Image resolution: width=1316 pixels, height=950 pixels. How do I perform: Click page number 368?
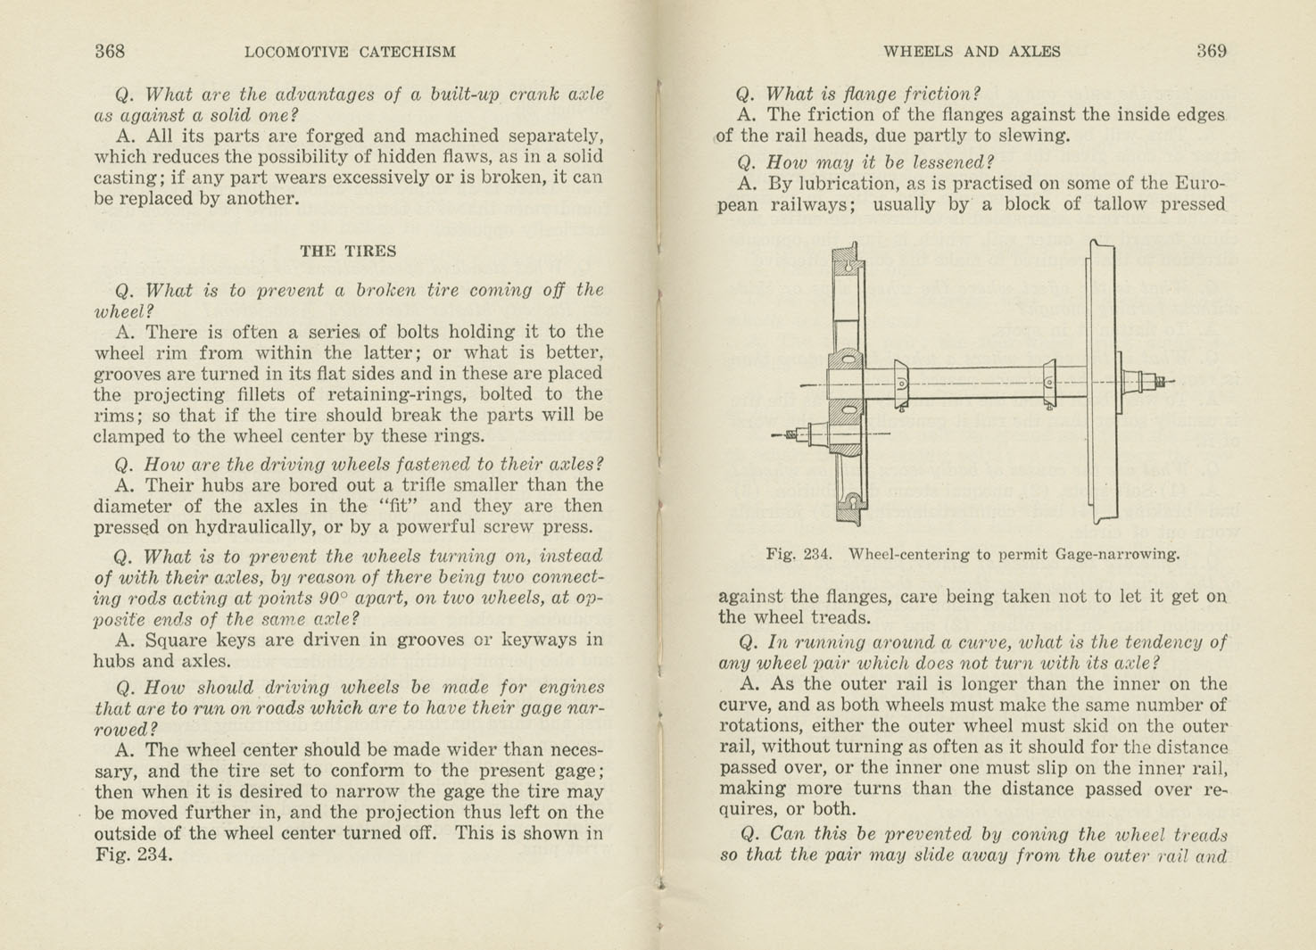pos(110,51)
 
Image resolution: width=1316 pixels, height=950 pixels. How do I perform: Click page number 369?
pos(1212,51)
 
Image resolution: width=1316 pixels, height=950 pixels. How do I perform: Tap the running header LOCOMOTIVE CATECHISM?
pos(350,52)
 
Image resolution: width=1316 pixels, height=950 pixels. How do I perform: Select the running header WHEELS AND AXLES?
pos(972,52)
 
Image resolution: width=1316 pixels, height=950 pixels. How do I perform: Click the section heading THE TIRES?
pos(348,251)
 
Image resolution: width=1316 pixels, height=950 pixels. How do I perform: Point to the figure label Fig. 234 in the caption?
pos(799,554)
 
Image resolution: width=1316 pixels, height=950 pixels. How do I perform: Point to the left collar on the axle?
pos(901,384)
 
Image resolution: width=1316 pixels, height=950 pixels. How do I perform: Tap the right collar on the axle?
pos(1049,384)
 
